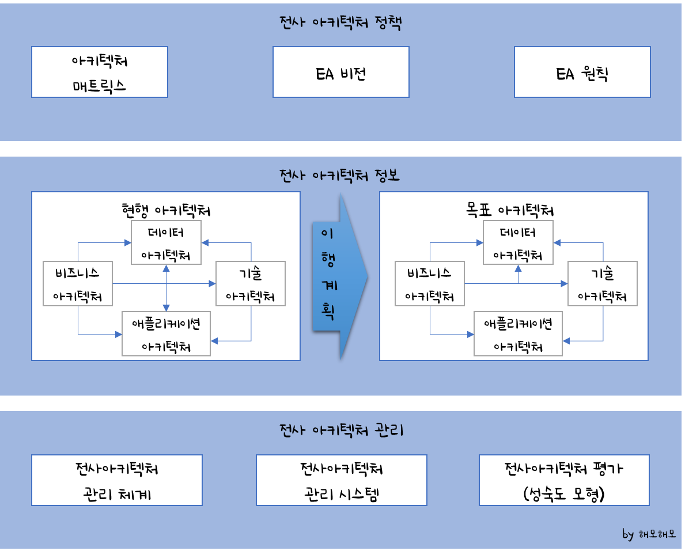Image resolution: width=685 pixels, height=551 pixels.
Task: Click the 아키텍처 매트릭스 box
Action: click(x=100, y=72)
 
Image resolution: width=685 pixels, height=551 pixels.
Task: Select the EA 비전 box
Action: click(x=341, y=72)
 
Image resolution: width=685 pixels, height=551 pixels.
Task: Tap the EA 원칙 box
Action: click(x=582, y=72)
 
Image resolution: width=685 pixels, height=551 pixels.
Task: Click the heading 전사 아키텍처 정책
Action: click(x=339, y=24)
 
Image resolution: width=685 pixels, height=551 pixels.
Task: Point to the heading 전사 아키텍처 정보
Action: click(x=339, y=176)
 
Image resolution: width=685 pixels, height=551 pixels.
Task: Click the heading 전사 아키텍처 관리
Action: click(x=339, y=430)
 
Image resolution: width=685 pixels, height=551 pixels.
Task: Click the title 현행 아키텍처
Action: click(x=166, y=210)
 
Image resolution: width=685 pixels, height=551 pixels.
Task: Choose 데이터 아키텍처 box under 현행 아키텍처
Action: click(x=166, y=242)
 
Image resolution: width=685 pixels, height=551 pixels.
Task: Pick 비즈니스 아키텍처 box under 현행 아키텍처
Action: click(x=78, y=284)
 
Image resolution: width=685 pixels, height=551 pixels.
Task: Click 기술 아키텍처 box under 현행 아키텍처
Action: click(x=250, y=284)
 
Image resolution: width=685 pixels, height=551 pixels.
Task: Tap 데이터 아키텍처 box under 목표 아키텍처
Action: click(x=518, y=242)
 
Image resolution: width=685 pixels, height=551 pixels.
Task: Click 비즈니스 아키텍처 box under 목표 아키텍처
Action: click(x=430, y=284)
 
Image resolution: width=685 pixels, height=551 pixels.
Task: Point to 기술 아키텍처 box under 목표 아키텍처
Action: click(x=603, y=284)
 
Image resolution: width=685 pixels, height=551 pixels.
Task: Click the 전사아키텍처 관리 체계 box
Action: click(x=117, y=480)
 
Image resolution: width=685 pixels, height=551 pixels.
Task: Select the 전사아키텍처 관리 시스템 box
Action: click(x=342, y=480)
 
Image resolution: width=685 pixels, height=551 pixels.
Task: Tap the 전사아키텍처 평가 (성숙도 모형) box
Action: click(x=564, y=480)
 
